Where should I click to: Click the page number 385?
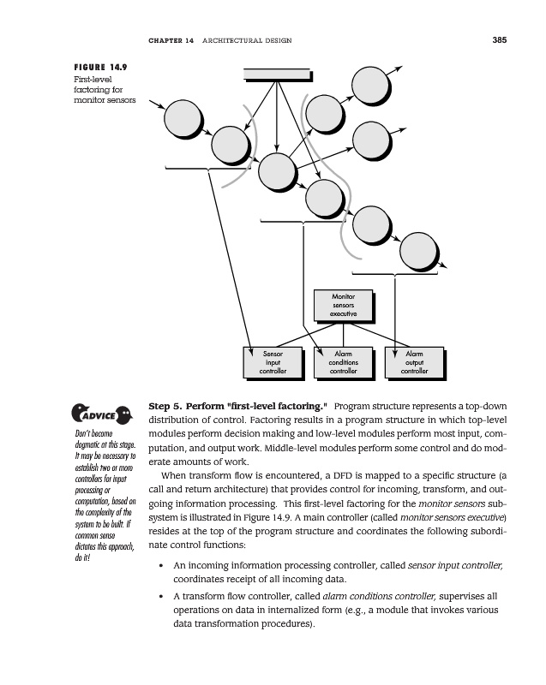click(501, 39)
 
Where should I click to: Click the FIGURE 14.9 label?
click(102, 66)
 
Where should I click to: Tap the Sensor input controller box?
click(273, 362)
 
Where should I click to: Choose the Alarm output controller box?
click(414, 362)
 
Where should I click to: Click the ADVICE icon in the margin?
click(100, 417)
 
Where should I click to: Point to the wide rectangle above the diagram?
click(275, 74)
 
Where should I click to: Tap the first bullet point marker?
click(162, 567)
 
